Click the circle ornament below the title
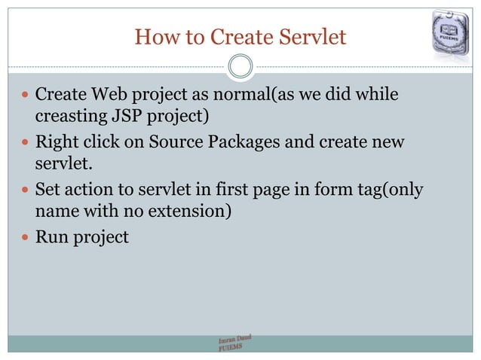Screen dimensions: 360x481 point(240,67)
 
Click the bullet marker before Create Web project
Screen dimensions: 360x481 point(25,97)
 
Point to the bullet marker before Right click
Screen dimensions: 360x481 point(25,143)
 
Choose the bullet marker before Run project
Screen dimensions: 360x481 point(25,237)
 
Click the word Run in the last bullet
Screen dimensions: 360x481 point(51,237)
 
